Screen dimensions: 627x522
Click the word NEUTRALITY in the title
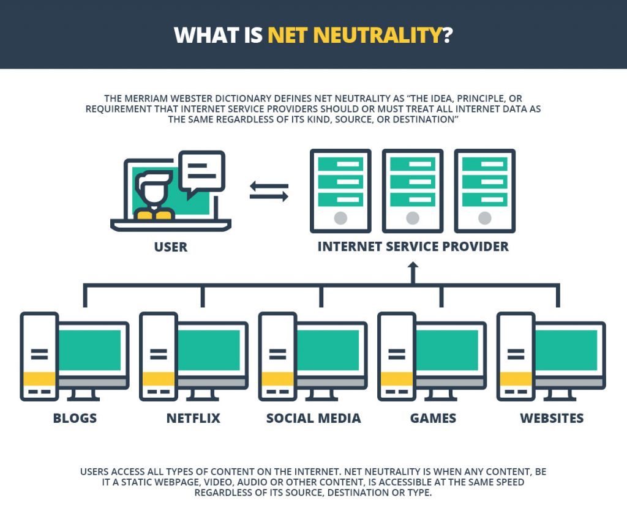coord(377,35)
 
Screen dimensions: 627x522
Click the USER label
coord(171,247)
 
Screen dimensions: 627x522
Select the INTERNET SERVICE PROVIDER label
coord(413,247)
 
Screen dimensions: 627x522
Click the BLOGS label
coord(75,418)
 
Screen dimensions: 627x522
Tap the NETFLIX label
coord(193,418)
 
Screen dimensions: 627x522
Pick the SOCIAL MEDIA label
coord(313,418)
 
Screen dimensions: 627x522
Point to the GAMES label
coord(433,418)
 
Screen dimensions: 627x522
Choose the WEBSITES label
coord(552,418)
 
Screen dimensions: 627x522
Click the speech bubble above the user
coord(201,171)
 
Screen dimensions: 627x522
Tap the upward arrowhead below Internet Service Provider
coord(413,266)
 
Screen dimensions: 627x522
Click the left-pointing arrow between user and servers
coord(269,186)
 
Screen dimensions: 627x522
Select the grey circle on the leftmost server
coord(340,218)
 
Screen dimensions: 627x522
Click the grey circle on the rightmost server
coord(485,218)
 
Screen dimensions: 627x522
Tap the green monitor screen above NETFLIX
coord(209,350)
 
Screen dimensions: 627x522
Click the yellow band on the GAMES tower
coord(397,379)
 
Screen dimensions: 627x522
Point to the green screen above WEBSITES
coord(566,350)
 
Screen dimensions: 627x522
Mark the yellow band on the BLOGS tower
coord(39,379)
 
